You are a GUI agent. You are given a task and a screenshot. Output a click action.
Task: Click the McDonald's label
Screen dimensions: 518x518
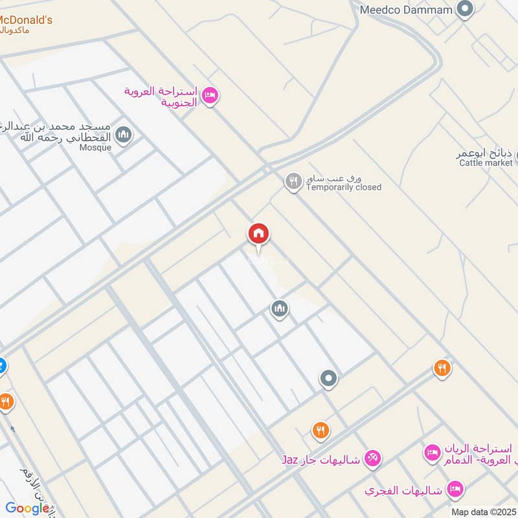click(x=27, y=20)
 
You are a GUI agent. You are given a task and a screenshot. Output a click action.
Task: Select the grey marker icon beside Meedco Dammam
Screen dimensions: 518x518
click(x=464, y=9)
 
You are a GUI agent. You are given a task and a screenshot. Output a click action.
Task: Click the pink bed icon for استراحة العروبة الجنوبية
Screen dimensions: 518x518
click(x=210, y=96)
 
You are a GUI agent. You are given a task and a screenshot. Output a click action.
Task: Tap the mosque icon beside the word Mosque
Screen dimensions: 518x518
click(x=124, y=135)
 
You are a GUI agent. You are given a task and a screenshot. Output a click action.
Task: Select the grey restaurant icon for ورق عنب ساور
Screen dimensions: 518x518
click(x=293, y=181)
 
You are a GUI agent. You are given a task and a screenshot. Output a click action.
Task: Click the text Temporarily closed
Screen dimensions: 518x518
click(x=343, y=187)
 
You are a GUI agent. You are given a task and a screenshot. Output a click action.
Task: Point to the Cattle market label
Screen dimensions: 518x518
click(x=486, y=163)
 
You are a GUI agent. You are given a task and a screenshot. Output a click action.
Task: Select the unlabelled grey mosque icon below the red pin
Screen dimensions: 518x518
click(x=279, y=310)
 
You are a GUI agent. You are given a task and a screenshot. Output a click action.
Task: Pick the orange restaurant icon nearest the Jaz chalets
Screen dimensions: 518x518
click(x=320, y=429)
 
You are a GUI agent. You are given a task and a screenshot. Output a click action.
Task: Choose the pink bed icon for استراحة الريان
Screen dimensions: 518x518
click(x=431, y=453)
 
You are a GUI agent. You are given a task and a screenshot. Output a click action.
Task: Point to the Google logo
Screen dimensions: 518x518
click(x=27, y=508)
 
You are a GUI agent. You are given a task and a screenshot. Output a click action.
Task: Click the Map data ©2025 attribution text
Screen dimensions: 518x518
click(x=482, y=512)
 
